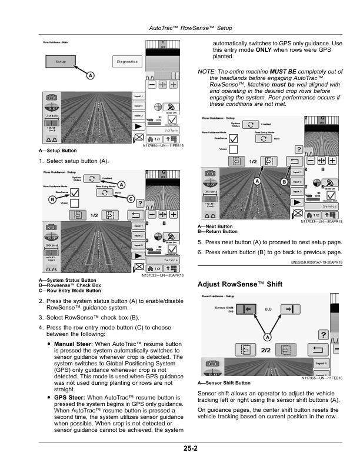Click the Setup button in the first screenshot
click(x=61, y=61)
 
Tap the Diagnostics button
click(x=126, y=61)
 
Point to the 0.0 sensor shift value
click(x=268, y=308)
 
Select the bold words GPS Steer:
click(x=68, y=397)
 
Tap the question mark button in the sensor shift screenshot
click(x=322, y=334)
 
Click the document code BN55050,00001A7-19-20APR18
click(x=316, y=263)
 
